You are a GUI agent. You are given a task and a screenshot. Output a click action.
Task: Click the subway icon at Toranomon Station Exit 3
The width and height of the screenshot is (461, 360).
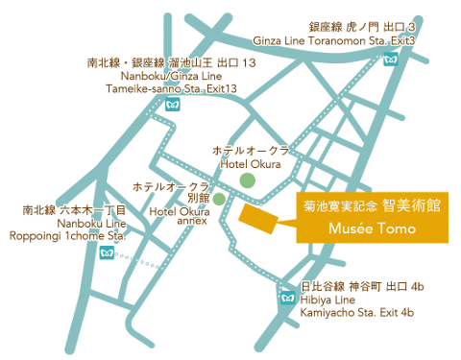[x=390, y=59]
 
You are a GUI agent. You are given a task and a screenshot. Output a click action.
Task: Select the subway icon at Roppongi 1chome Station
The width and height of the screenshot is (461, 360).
[x=107, y=252]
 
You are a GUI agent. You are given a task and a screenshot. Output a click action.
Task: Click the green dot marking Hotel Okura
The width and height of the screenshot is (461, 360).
[x=247, y=180]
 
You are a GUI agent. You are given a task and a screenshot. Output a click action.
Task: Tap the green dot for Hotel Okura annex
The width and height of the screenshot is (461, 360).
[x=219, y=199]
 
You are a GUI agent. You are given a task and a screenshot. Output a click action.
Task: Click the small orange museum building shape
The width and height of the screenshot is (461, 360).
[x=257, y=217]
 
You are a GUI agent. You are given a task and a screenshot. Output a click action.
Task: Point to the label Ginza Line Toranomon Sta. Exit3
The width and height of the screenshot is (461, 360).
[x=334, y=41]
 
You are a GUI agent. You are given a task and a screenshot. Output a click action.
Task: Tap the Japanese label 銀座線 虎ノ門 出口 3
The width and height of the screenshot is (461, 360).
[x=375, y=28]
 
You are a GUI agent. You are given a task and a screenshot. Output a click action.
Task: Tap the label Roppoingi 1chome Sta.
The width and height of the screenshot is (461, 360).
[x=66, y=234]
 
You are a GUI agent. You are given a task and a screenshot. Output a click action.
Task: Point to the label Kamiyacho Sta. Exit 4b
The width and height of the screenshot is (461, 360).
[x=356, y=312]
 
